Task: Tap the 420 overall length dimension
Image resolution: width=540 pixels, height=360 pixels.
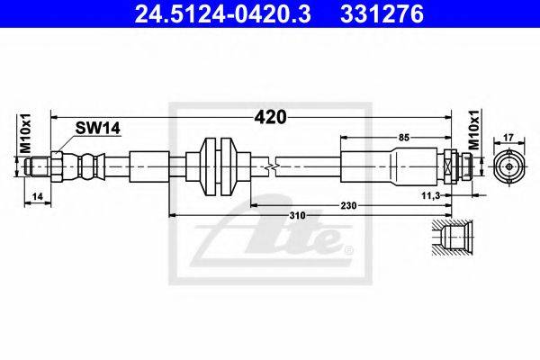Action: [x=269, y=117]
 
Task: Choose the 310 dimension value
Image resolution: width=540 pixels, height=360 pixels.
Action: [x=298, y=216]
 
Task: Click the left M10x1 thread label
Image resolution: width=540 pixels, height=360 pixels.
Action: [x=25, y=135]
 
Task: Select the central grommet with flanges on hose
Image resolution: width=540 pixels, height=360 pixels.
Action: [x=217, y=166]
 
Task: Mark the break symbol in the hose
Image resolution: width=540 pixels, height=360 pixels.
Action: [x=270, y=166]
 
